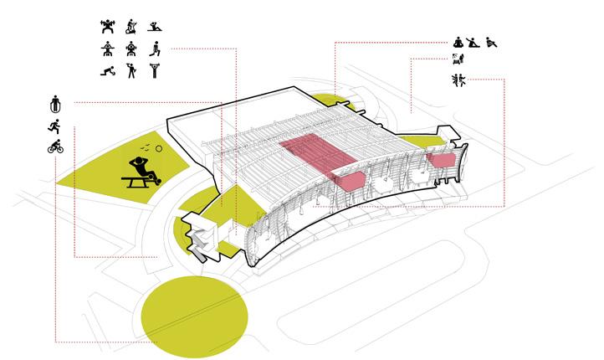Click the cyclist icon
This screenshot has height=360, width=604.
[55, 148]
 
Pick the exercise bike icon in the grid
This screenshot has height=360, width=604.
[131, 27]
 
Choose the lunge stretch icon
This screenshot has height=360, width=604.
[156, 49]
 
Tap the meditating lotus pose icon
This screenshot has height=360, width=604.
[458, 41]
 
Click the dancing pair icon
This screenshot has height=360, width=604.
[457, 80]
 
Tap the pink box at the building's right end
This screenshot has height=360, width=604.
[440, 158]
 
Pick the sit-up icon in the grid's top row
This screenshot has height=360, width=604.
[156, 27]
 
